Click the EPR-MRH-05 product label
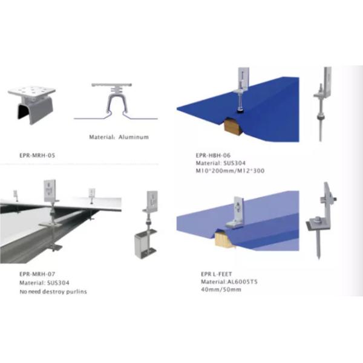[x=38, y=155]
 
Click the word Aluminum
[x=134, y=137]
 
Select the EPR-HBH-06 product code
[x=213, y=155]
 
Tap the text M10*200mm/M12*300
[x=230, y=171]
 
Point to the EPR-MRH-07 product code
[x=38, y=274]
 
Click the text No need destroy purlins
[x=53, y=292]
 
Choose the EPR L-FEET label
[x=217, y=274]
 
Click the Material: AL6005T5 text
[x=229, y=282]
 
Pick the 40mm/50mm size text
[x=221, y=290]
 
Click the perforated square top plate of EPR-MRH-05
[x=31, y=91]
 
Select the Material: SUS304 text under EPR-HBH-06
[x=221, y=163]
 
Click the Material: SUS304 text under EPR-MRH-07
[x=44, y=283]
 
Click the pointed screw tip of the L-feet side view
[x=318, y=257]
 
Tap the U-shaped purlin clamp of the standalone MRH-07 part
[x=145, y=244]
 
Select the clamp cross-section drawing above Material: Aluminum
[x=116, y=102]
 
